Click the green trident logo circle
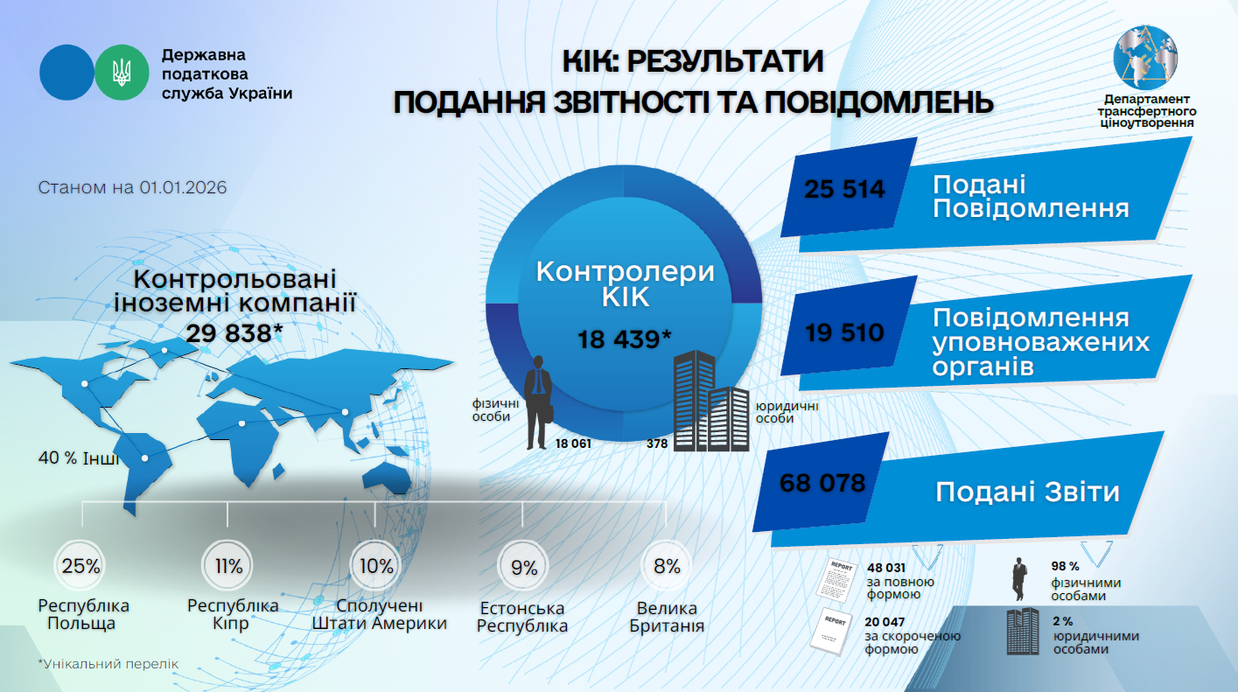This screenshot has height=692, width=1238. point(122,73)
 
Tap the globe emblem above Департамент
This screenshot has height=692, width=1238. point(1146,58)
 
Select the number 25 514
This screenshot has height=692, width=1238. point(844,189)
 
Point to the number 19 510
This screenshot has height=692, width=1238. point(844,332)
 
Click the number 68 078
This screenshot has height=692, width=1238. point(822,483)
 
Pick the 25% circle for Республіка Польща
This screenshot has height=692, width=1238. point(80,565)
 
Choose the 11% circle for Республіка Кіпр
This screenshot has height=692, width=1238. point(228,565)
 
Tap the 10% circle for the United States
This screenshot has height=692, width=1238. point(376,565)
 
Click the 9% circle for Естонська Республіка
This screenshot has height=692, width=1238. point(523,567)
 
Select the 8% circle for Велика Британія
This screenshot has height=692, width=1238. point(667,566)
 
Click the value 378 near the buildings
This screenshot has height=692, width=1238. point(657,444)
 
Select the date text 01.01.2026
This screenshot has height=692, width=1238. point(183,187)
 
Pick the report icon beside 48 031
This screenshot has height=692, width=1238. point(836,579)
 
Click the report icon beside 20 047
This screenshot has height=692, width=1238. point(832,631)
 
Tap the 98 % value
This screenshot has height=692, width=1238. point(1065,566)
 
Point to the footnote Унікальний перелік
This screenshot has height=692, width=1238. point(108,664)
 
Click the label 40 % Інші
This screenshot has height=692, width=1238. point(79,458)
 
